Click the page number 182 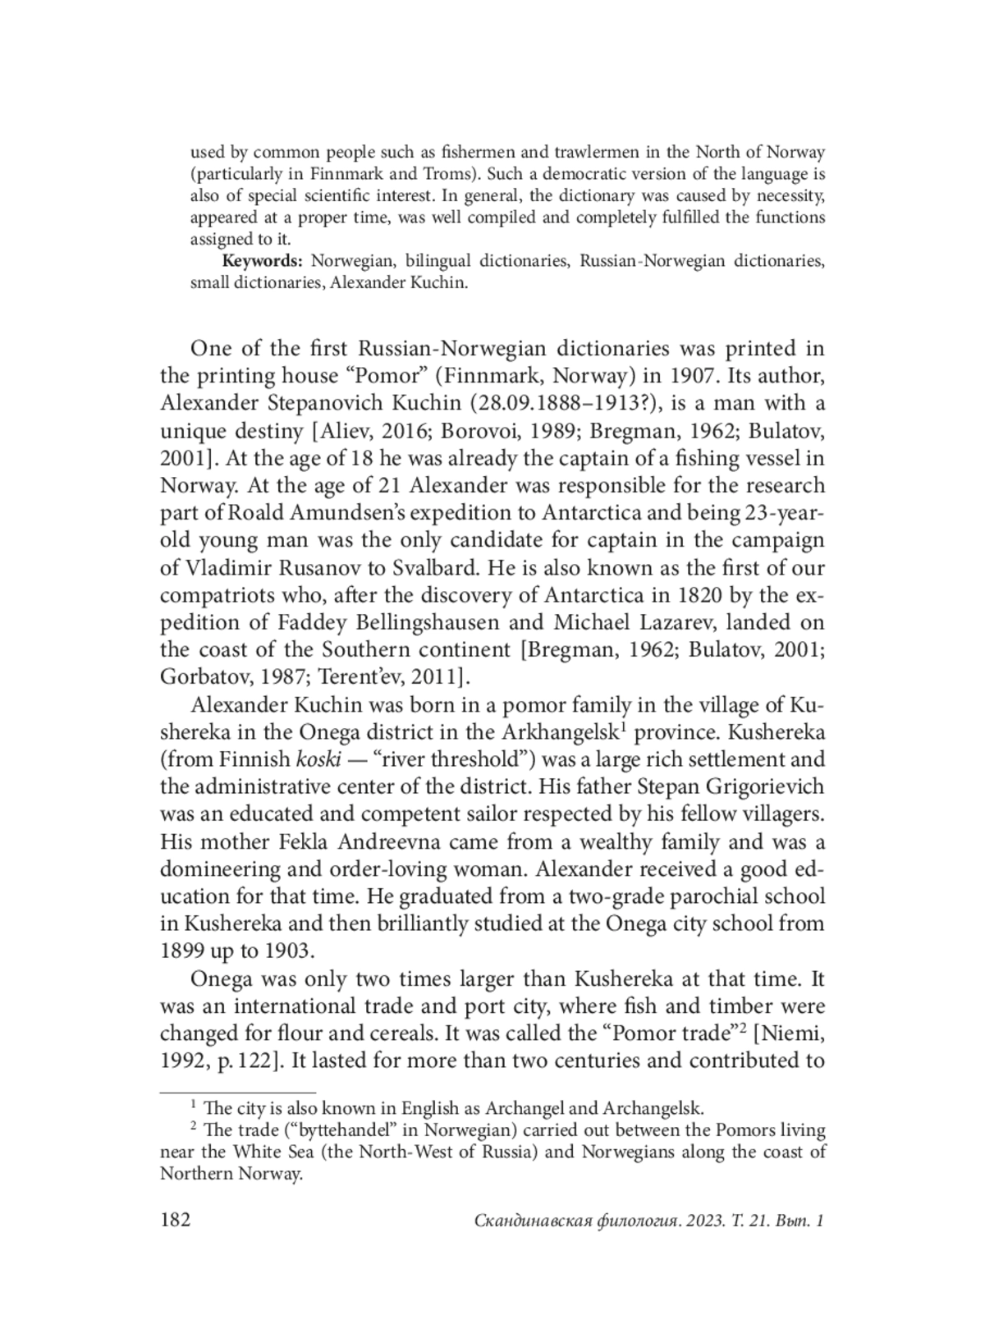[175, 1220]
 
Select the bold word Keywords [263, 262]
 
